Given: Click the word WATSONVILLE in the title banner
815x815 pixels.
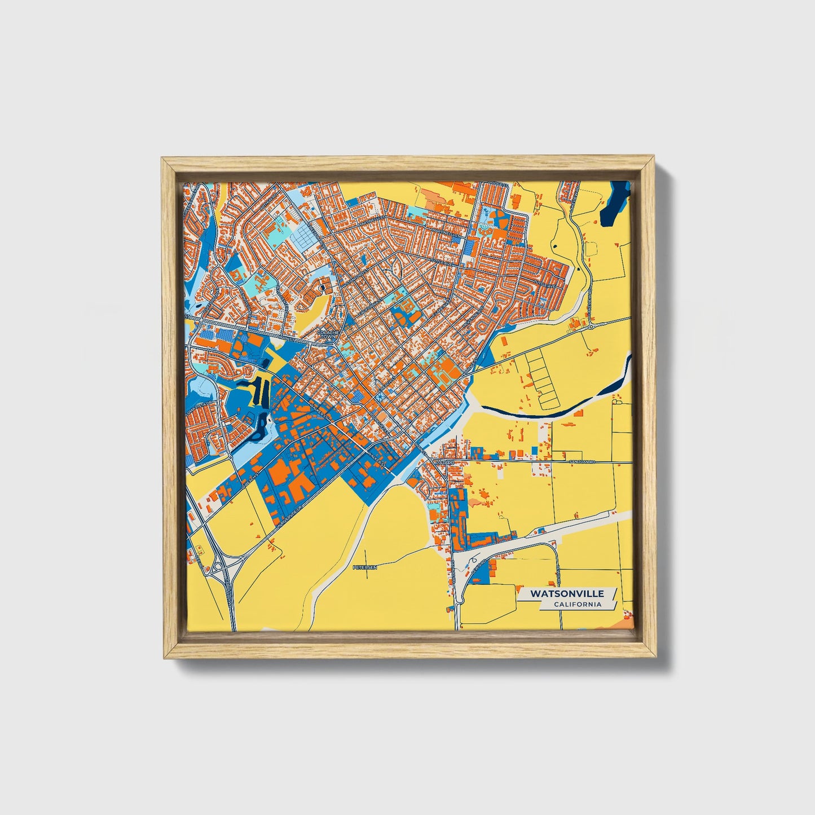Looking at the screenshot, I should (x=566, y=594).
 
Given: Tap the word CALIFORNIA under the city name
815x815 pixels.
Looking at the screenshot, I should (x=577, y=605).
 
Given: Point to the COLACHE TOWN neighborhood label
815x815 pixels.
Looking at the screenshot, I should (x=328, y=334).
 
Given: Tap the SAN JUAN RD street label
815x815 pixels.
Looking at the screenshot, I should (x=582, y=462).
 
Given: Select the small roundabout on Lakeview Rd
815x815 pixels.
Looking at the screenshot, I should (x=591, y=326).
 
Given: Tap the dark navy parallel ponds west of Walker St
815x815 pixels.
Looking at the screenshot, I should (x=261, y=390).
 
